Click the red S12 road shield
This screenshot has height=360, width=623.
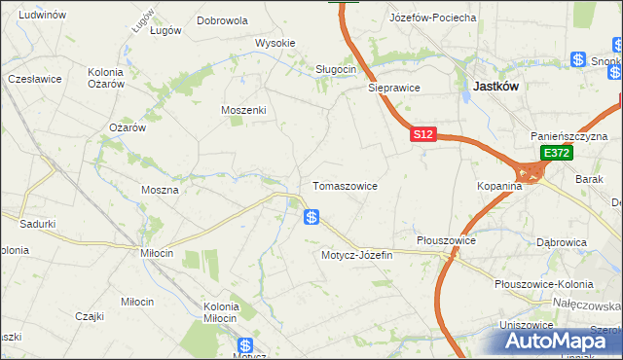tap(421, 136)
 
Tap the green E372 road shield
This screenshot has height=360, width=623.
tap(556, 153)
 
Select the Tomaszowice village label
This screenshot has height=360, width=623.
tap(345, 185)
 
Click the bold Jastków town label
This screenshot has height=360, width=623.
tap(495, 86)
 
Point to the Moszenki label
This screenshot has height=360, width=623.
tap(243, 110)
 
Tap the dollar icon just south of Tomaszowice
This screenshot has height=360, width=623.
tap(311, 217)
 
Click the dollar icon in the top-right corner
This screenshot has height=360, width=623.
tap(578, 60)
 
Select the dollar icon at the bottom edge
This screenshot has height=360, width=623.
tap(245, 345)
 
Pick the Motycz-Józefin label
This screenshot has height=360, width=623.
tap(356, 255)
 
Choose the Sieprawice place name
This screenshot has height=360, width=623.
tap(393, 87)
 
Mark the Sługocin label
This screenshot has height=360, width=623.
tap(336, 69)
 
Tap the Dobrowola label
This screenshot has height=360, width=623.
tap(222, 19)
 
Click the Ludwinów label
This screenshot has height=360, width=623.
tap(42, 16)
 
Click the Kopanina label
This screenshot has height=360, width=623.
tap(500, 185)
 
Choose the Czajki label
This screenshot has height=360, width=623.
tap(90, 315)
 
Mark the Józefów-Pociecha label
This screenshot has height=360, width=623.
tap(432, 18)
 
